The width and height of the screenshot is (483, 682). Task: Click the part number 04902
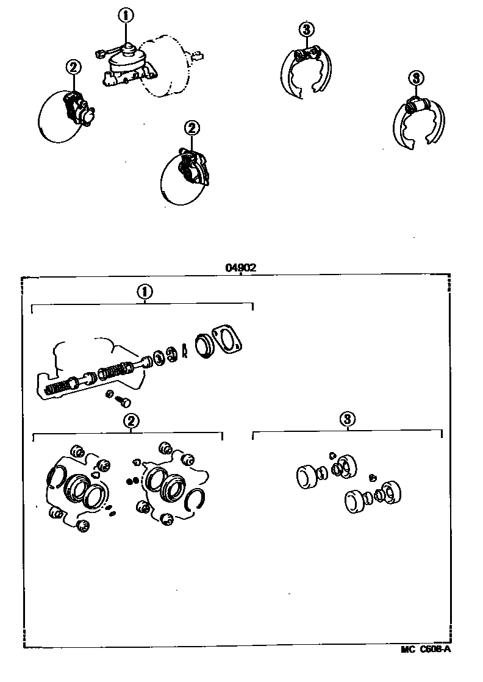240,268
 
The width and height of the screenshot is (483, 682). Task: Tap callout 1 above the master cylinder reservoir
126,16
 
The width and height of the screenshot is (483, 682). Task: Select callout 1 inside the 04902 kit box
145,292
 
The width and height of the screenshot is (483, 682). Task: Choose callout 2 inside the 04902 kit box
131,420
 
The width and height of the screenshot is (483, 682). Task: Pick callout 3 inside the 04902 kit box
347,419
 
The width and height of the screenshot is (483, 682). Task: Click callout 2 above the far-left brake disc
73,68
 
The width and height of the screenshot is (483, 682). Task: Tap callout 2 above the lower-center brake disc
191,128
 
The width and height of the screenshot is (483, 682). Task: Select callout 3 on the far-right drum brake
416,78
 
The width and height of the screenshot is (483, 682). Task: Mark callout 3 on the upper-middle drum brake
307,29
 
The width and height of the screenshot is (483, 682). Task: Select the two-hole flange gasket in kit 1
227,339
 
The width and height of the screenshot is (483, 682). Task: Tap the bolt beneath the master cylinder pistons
123,401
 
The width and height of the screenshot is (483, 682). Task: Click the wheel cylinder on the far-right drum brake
417,106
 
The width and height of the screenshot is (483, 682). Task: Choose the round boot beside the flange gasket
203,346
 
